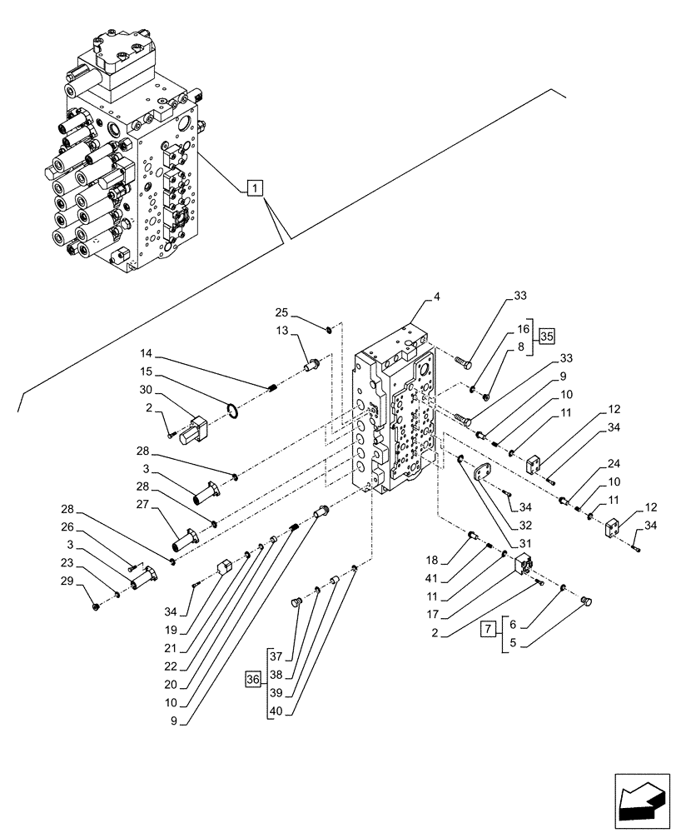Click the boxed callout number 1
coord(254,187)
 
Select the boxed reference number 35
coord(546,337)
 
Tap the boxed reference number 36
coord(252,681)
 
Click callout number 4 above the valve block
coord(436,296)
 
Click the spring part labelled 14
coord(270,386)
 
